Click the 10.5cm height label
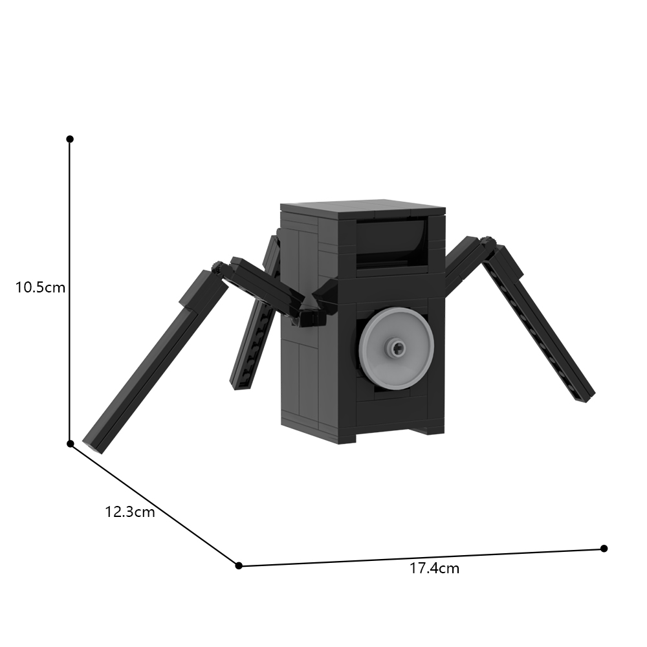[x=41, y=287]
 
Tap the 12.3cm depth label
[x=130, y=512]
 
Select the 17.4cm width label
[x=434, y=569]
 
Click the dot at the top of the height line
[x=70, y=139]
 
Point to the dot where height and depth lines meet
[x=70, y=443]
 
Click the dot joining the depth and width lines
[x=239, y=565]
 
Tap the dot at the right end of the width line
[x=604, y=548]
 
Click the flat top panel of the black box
[x=362, y=210]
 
